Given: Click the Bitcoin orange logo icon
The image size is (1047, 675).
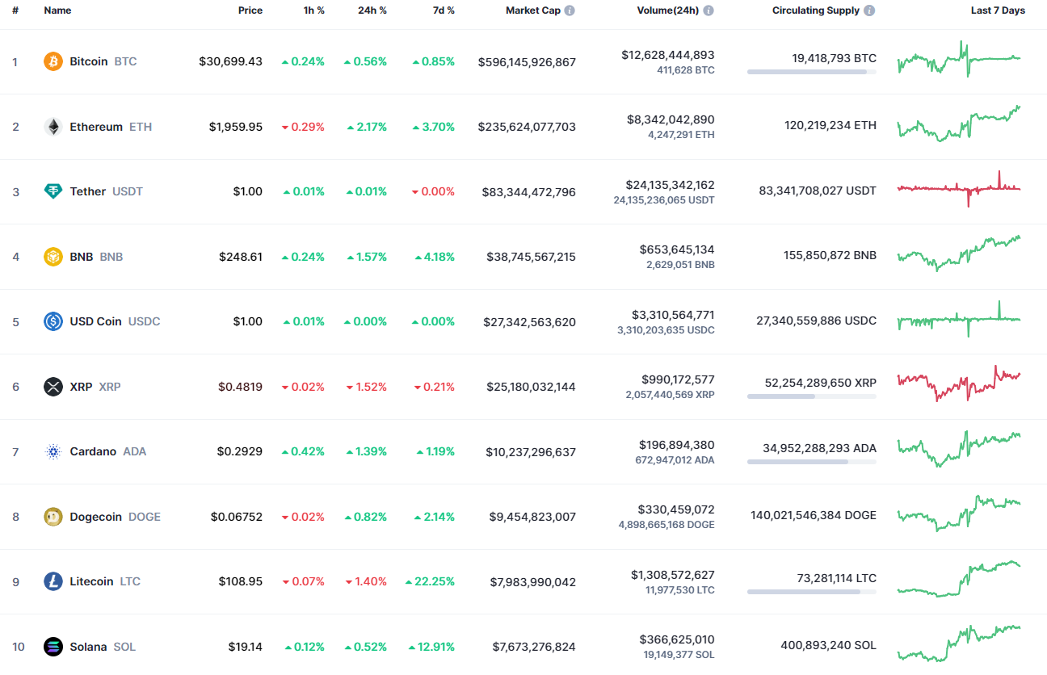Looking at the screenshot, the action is [53, 61].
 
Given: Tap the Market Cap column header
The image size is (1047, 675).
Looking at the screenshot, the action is [533, 10].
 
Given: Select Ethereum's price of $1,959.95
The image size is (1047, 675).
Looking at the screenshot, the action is [236, 127].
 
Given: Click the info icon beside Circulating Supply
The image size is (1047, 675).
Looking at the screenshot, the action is [869, 10].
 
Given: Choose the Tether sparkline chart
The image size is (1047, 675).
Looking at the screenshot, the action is [959, 188].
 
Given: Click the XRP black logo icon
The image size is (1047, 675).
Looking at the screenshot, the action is [53, 386].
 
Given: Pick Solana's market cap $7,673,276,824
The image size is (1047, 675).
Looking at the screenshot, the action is [534, 647].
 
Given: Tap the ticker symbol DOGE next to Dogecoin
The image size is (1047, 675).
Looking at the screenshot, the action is [145, 517].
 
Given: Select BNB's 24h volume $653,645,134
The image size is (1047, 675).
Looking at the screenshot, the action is [677, 249].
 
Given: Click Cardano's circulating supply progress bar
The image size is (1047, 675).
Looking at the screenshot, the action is [811, 462].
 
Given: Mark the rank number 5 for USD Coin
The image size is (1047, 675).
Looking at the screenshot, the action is [16, 322].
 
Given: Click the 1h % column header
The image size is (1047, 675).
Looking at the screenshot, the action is [313, 10].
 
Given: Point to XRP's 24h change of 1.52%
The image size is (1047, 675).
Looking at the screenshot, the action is [367, 387].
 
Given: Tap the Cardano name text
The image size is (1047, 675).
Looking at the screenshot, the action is [93, 451].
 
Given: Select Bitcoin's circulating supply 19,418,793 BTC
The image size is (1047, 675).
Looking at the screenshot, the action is [834, 58].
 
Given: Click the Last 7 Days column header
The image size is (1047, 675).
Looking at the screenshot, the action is [998, 10].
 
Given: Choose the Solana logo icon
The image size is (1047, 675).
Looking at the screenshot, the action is [53, 647].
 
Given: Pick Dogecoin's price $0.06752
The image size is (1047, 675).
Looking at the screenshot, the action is [237, 517].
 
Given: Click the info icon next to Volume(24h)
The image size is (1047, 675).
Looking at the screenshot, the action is [709, 10].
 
